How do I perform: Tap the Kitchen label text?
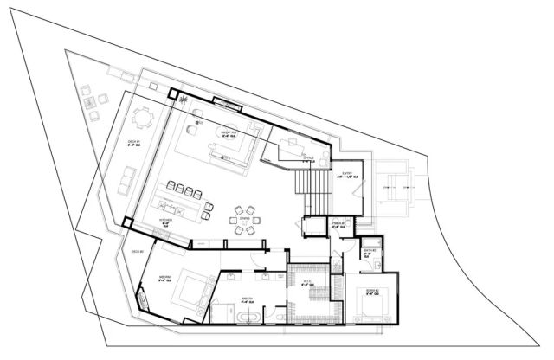(x=165, y=222)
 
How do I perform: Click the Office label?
(x=307, y=158)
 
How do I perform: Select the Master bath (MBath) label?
(x=247, y=299)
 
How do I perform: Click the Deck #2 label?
(x=137, y=252)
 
